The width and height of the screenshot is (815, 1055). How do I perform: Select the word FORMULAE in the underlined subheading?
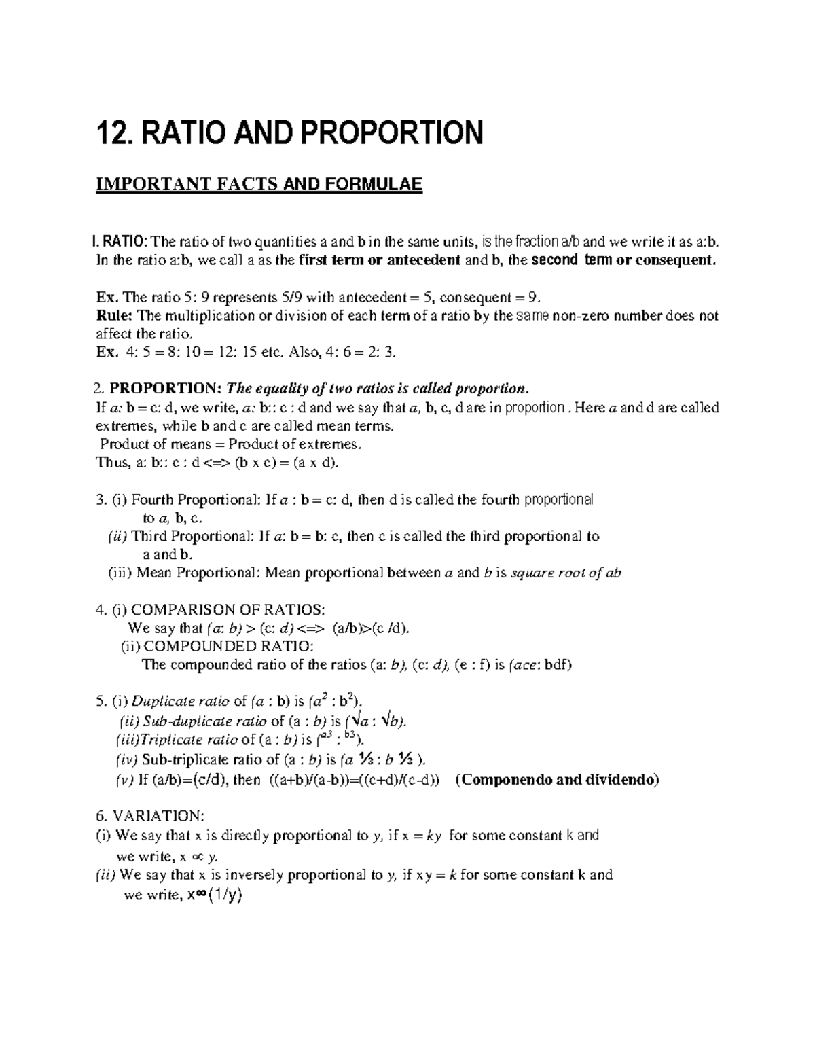[x=375, y=185]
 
